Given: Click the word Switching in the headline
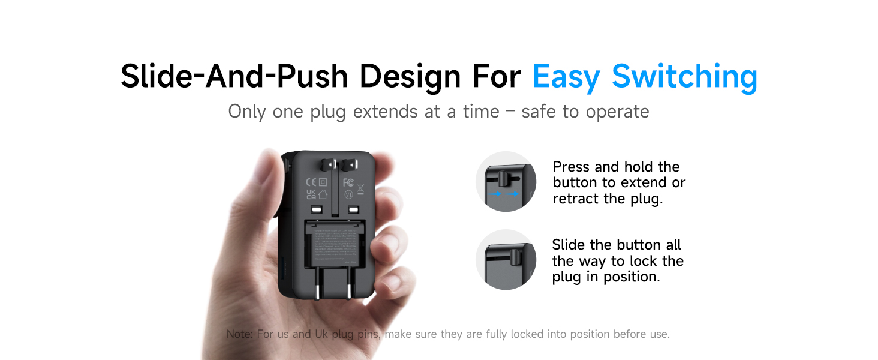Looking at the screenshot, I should pos(684,77).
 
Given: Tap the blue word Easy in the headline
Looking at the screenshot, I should pos(567,77).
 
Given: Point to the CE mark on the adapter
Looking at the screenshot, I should pos(311,182).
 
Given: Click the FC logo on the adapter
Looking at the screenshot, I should pos(347,182).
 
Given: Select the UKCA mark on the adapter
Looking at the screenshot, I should pos(311,194).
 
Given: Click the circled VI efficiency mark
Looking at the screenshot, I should pos(347,194).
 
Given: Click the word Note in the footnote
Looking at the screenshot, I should pos(239,334).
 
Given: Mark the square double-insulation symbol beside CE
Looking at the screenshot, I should pos(323,182).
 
